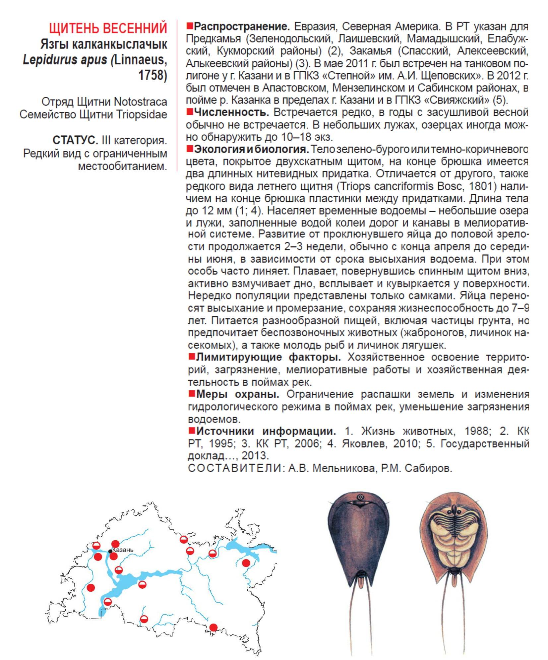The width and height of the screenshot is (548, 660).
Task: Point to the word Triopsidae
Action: (142, 114)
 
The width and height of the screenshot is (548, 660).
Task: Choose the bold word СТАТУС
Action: (75, 141)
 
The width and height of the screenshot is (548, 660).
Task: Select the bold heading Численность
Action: (231, 113)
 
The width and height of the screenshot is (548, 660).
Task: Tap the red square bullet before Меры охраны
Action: (191, 394)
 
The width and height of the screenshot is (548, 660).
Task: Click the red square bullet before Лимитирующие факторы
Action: (191, 357)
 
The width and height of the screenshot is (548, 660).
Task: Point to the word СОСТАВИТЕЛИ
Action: (235, 468)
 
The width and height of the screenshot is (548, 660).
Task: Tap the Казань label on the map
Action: (123, 550)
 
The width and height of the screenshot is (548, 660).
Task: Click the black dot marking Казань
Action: (110, 551)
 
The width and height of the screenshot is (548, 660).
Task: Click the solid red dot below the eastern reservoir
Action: (246, 563)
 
